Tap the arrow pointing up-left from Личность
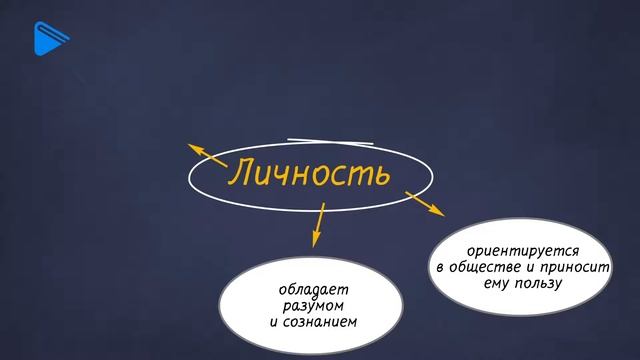click(207, 154)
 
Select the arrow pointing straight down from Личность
click(319, 224)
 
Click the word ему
click(488, 283)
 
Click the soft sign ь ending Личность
click(381, 174)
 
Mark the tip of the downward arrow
click(316, 245)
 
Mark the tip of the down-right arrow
click(443, 213)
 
